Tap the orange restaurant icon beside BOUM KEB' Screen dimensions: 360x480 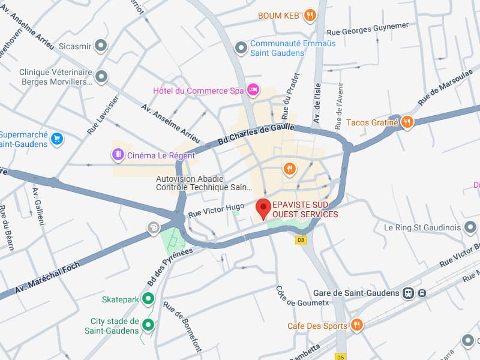(x=310, y=16)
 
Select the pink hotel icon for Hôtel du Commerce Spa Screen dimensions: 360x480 (x=253, y=91)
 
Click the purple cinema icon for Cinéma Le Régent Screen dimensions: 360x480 (x=118, y=155)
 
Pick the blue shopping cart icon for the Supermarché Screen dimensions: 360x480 (x=57, y=139)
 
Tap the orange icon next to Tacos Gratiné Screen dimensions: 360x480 (x=407, y=123)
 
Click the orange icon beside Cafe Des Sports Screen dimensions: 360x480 (x=357, y=325)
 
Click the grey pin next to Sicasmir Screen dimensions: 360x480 (x=101, y=46)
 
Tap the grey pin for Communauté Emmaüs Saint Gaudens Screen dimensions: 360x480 (x=241, y=47)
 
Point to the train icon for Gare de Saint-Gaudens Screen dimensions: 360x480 (x=409, y=293)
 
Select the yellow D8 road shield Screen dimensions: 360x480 (x=301, y=239)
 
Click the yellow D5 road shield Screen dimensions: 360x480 (x=341, y=356)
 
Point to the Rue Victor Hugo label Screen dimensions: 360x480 (x=217, y=210)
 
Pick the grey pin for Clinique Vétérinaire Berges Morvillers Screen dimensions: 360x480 (x=101, y=76)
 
